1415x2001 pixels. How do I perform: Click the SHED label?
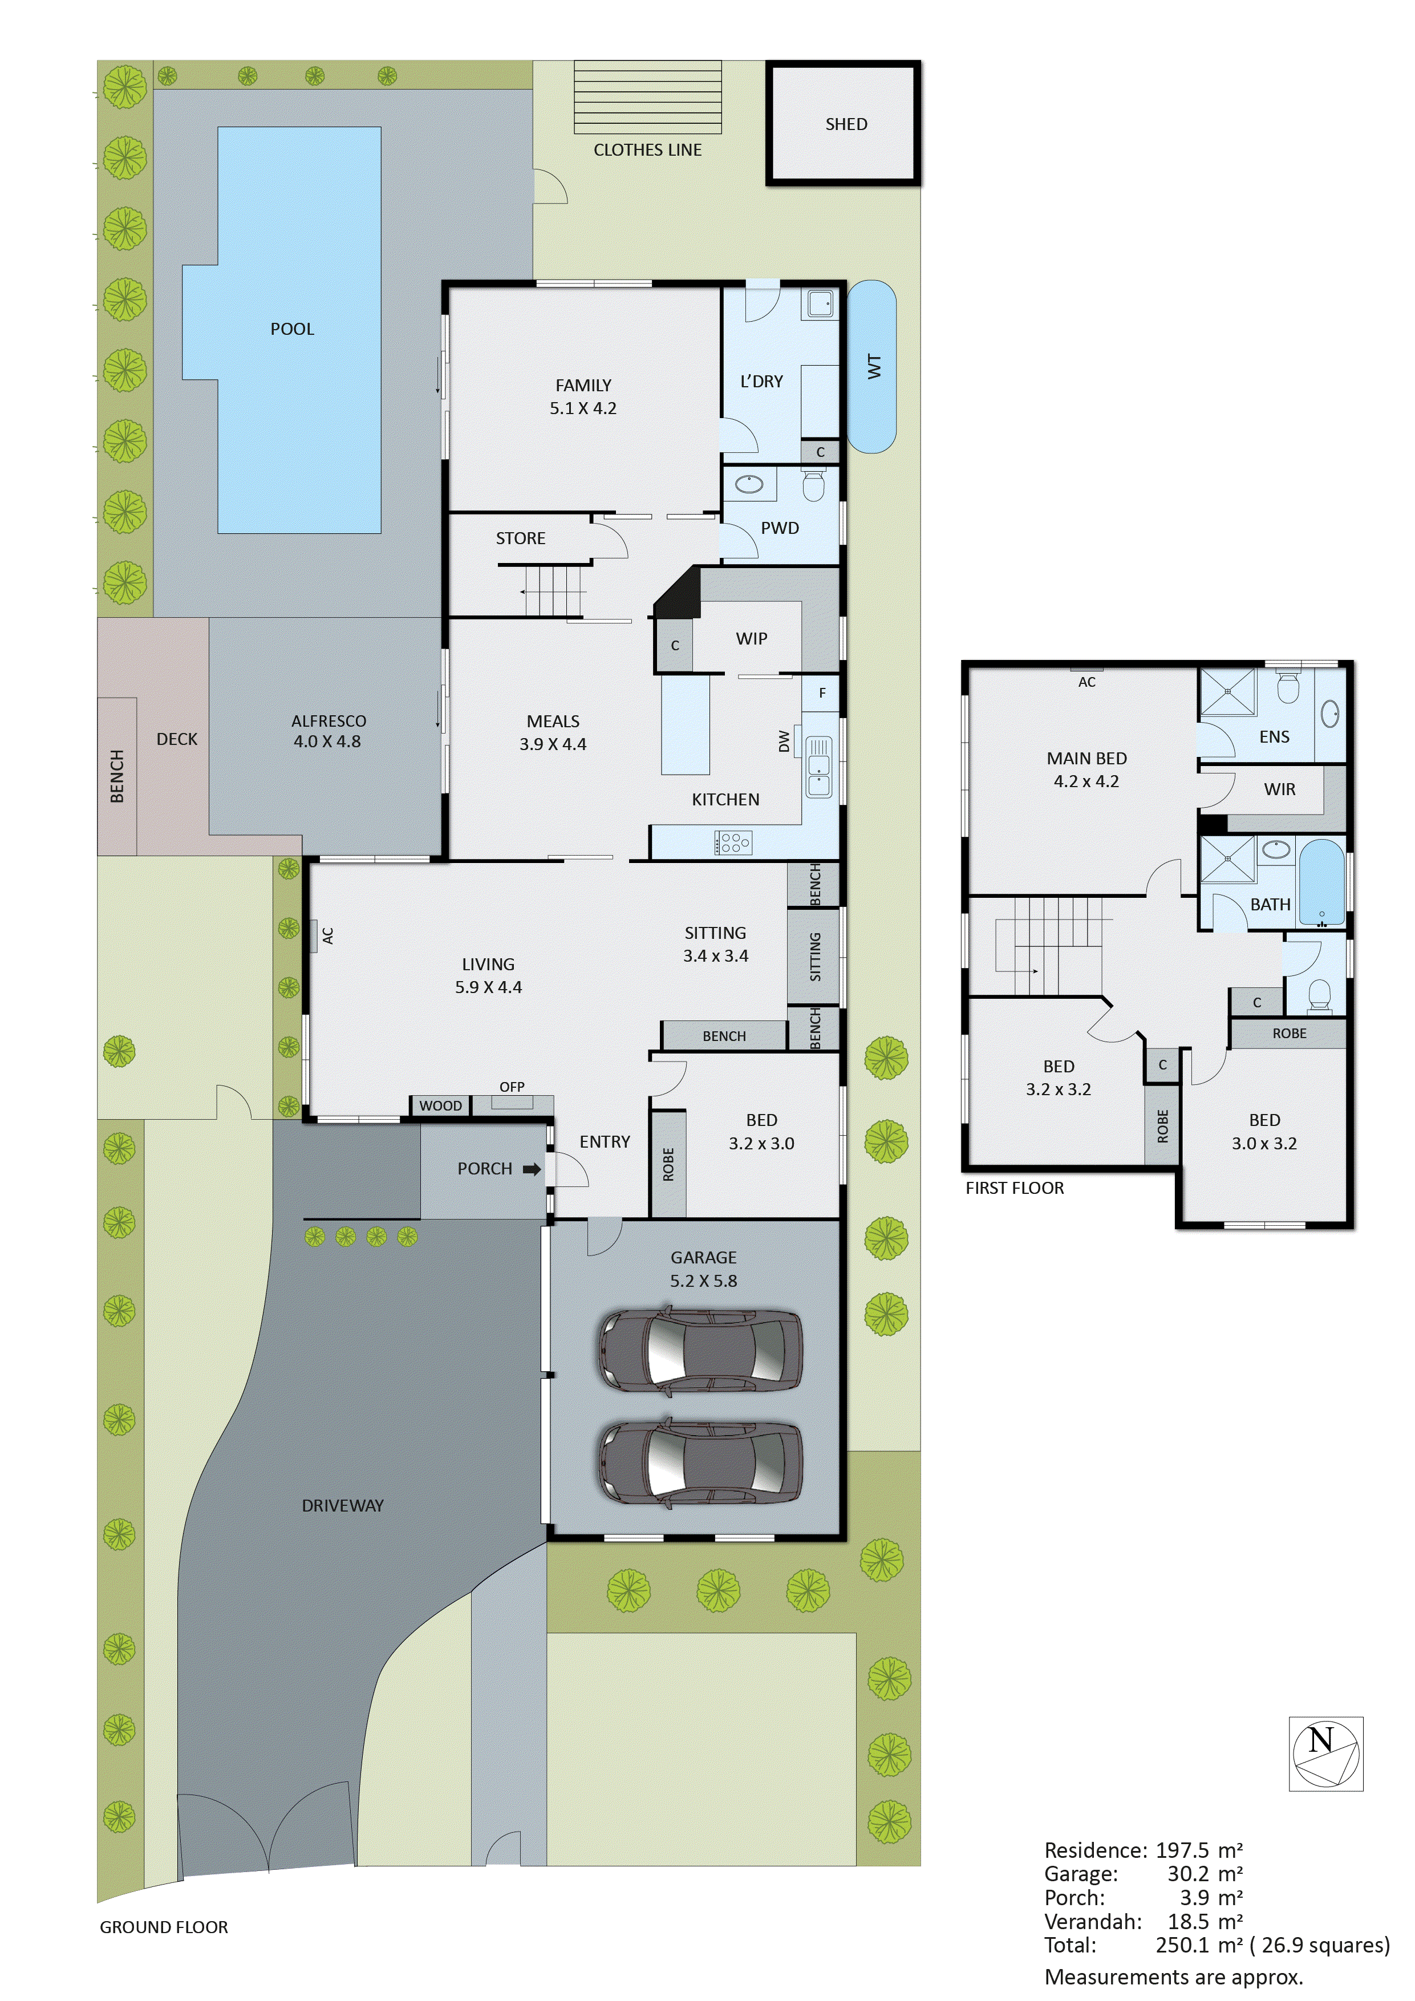tap(845, 124)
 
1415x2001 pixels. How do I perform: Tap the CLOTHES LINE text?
tap(647, 150)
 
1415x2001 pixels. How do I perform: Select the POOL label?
tap(292, 329)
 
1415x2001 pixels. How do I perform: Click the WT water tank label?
tap(874, 366)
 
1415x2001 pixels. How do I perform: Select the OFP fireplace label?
tap(512, 1087)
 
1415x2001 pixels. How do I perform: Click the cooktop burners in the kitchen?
tap(733, 842)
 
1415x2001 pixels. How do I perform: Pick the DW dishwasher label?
tap(783, 741)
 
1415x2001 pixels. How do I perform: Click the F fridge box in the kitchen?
tap(822, 693)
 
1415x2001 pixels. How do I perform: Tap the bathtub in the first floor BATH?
tap(1322, 881)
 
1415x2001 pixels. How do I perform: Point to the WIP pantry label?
tap(751, 639)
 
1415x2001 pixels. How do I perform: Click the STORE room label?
tap(520, 538)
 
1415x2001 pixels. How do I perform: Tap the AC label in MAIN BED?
tap(1086, 682)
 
